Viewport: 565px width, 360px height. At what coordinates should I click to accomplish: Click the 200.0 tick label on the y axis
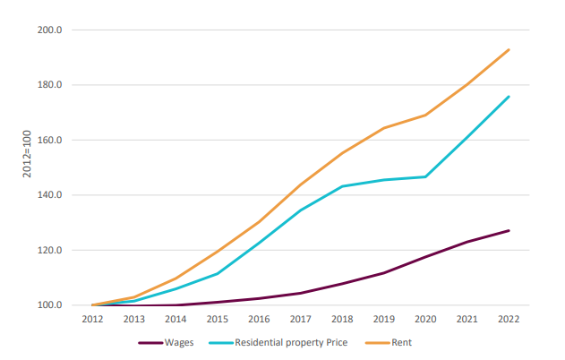tap(50, 30)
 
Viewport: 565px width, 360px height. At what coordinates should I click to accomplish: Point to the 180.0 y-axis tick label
tap(50, 85)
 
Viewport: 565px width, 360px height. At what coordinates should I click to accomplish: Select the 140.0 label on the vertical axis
tap(50, 195)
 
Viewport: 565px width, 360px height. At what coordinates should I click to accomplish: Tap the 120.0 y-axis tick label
tap(50, 251)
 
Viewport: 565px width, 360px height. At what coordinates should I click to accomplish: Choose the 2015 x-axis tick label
tap(217, 318)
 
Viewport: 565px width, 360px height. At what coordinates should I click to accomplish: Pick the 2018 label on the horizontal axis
tap(341, 318)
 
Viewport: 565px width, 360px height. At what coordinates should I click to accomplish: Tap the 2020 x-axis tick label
tap(425, 318)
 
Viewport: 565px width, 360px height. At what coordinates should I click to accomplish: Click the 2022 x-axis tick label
tap(509, 318)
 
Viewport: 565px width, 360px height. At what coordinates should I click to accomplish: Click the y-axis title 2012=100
tap(28, 154)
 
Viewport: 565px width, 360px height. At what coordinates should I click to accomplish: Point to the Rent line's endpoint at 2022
tap(509, 49)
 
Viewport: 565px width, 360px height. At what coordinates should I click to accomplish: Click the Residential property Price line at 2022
tap(509, 97)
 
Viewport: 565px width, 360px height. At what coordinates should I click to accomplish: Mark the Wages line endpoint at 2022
tap(509, 230)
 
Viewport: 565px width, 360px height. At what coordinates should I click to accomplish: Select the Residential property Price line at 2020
tap(425, 176)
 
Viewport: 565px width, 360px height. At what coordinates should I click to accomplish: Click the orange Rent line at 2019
tap(383, 128)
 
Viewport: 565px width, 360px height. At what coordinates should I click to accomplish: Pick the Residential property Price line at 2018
tap(341, 186)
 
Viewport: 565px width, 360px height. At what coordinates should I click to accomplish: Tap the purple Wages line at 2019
tap(383, 272)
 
